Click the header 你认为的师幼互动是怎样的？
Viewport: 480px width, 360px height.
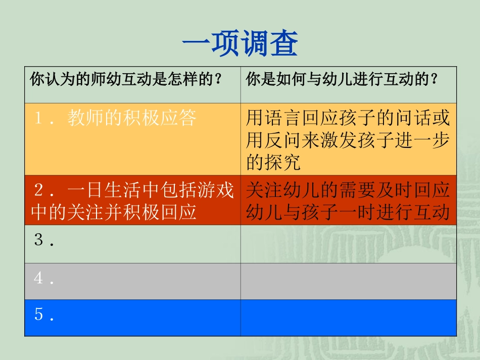(x=126, y=80)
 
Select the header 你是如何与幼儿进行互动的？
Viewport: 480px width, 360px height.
(x=342, y=80)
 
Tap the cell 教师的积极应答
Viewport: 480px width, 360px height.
(x=132, y=119)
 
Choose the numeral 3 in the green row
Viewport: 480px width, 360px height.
(x=38, y=240)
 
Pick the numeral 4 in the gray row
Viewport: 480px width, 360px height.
(x=38, y=278)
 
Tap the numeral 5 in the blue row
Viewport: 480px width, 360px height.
(x=38, y=315)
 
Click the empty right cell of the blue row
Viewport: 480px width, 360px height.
(x=348, y=318)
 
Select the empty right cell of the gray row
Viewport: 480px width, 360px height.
(x=348, y=281)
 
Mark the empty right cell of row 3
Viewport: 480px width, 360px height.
(x=348, y=244)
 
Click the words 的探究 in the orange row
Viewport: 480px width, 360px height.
(x=273, y=162)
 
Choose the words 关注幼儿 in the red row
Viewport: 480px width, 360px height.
(x=282, y=191)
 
